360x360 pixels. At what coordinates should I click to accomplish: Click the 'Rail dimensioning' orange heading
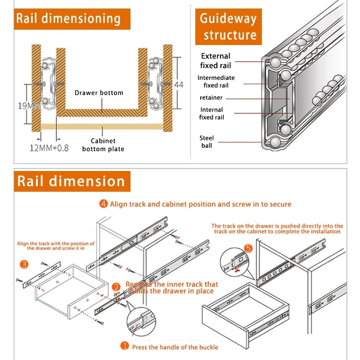(x=68, y=18)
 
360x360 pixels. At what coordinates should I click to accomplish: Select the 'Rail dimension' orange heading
(x=71, y=181)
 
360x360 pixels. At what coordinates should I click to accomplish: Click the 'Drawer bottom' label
(x=99, y=93)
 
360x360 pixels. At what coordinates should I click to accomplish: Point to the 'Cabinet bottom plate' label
(x=103, y=145)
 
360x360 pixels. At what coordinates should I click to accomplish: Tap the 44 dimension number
(x=179, y=85)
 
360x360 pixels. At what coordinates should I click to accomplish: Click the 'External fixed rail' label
(x=216, y=61)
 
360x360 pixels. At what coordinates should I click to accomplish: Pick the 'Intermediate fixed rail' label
(x=216, y=81)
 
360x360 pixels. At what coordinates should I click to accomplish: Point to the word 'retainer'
(x=211, y=98)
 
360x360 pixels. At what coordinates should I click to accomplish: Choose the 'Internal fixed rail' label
(x=211, y=113)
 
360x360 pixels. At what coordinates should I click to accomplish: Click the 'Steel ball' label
(x=207, y=142)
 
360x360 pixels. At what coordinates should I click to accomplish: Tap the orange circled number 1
(x=125, y=346)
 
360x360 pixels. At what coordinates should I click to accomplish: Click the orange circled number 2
(x=116, y=286)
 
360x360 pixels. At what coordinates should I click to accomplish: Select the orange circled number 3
(x=24, y=264)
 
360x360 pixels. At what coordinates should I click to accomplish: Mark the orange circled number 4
(x=103, y=204)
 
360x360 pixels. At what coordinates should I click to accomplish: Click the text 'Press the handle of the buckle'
(x=175, y=346)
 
